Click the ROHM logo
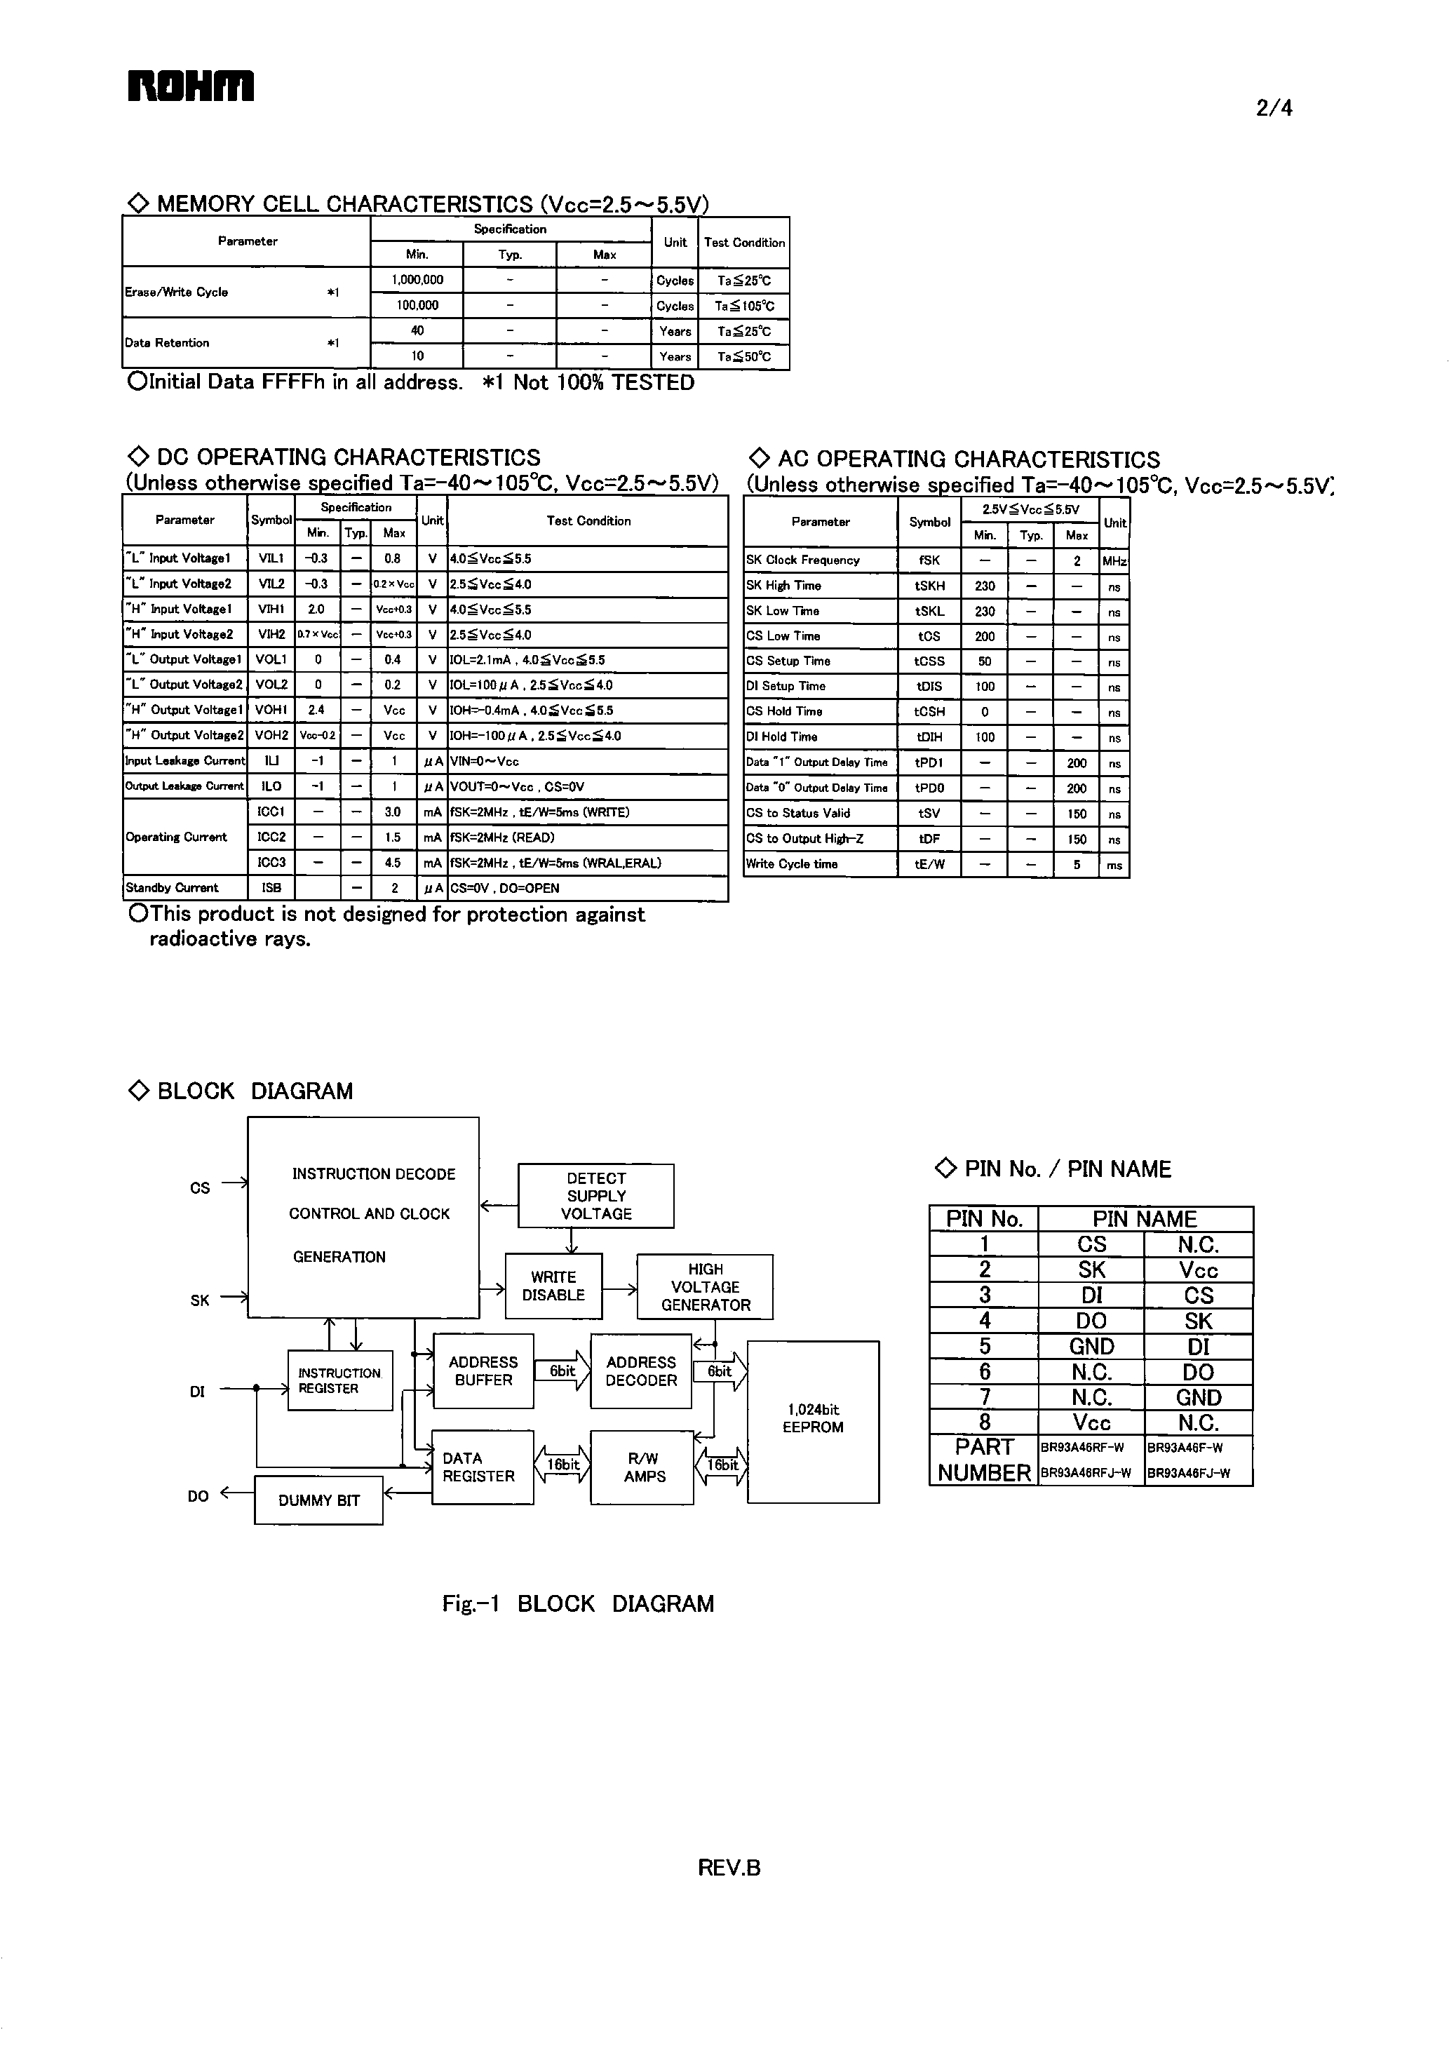coord(191,86)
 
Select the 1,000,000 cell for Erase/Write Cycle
coord(417,279)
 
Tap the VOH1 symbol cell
coord(270,711)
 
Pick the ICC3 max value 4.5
coord(393,863)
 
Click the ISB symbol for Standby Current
coord(270,888)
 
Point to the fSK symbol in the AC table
coord(929,560)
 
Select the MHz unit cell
coord(1114,561)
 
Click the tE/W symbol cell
coord(929,863)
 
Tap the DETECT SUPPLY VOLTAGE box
coord(596,1196)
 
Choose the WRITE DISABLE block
coord(553,1286)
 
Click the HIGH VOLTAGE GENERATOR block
coord(705,1286)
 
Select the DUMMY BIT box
coord(318,1500)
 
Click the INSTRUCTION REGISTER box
coord(340,1380)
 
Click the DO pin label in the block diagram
coord(198,1496)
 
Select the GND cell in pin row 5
coord(1091,1347)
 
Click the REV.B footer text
coord(729,1868)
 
